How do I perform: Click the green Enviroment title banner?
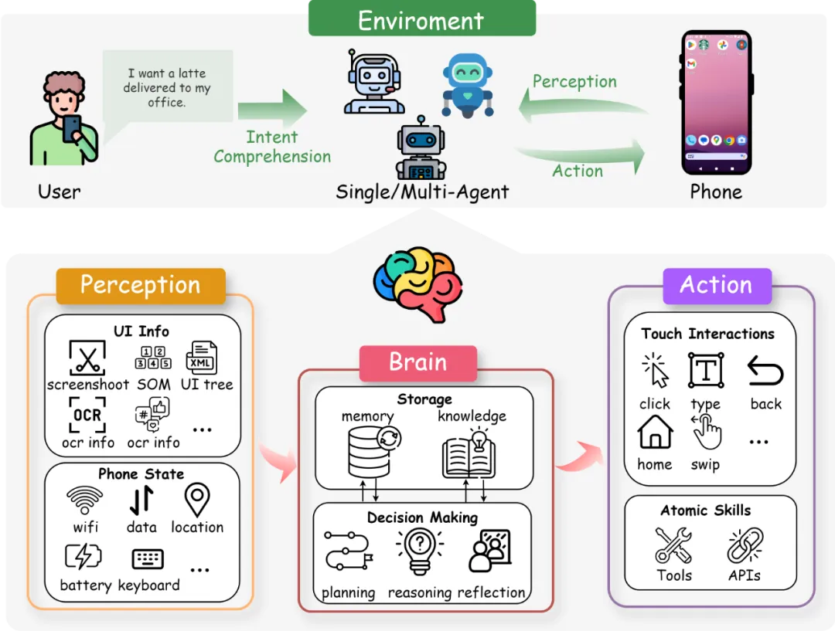(421, 19)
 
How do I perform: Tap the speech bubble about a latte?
(167, 87)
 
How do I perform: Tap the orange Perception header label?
(140, 285)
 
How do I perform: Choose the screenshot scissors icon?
(87, 358)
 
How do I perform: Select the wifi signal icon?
(85, 500)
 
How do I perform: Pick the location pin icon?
(198, 500)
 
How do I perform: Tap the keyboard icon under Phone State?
(147, 558)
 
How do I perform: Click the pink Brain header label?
(417, 362)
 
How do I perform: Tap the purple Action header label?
(716, 285)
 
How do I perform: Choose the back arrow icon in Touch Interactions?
(765, 372)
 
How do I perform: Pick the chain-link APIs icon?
(745, 545)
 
